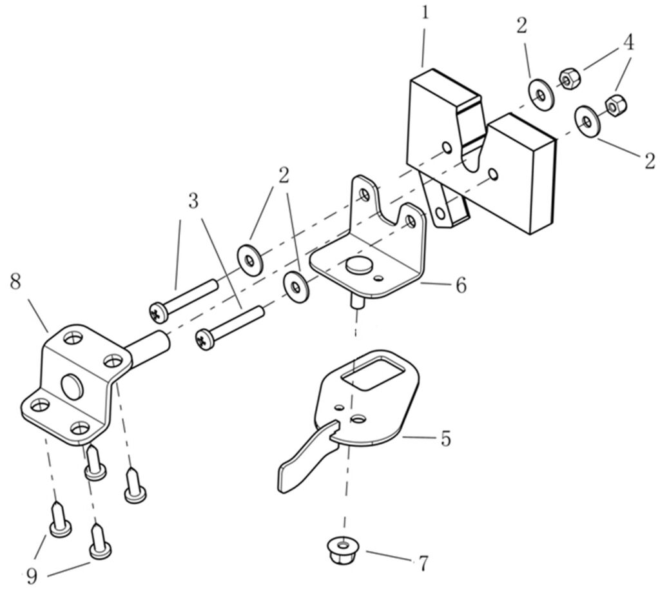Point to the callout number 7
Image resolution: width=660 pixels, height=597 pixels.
coord(423,563)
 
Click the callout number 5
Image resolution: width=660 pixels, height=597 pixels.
coord(445,440)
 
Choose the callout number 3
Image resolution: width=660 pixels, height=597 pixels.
coord(193,201)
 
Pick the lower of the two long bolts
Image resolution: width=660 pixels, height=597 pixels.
coord(231,327)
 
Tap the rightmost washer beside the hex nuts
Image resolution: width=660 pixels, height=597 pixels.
coord(587,121)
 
